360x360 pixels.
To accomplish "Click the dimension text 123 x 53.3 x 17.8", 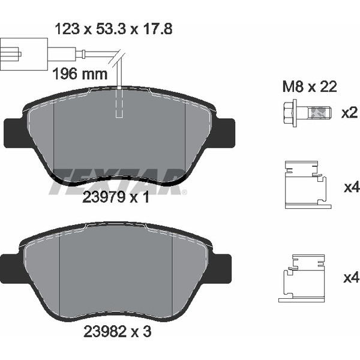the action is click(x=113, y=29).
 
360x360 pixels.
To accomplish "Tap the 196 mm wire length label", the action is click(x=80, y=74).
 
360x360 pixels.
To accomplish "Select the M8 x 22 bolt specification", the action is click(x=310, y=86).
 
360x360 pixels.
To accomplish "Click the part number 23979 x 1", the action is click(x=116, y=197).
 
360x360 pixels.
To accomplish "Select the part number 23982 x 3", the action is click(x=118, y=331).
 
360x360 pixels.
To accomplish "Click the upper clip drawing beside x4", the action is click(x=308, y=185).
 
